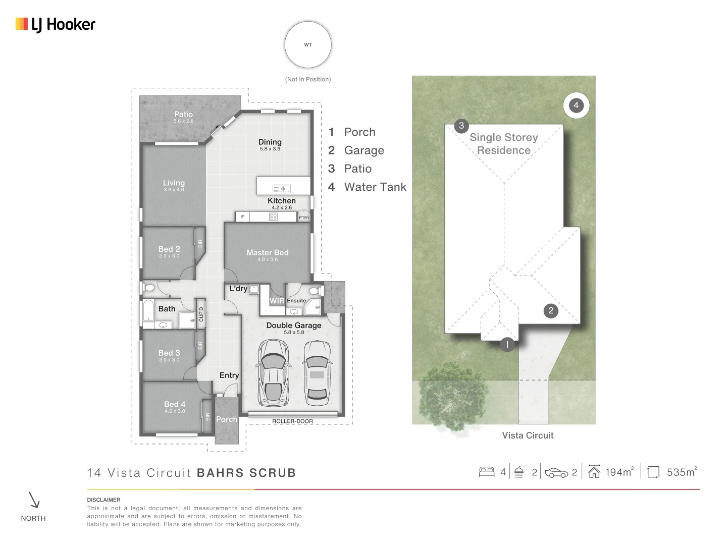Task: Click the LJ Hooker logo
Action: tap(56, 25)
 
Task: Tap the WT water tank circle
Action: tap(307, 45)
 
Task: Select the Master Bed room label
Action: tap(267, 252)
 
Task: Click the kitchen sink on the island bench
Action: tap(281, 189)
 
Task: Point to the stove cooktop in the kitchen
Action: tap(273, 217)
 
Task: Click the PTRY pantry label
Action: tap(304, 217)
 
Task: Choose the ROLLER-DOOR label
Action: tap(292, 421)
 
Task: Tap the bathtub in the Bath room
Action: tap(148, 310)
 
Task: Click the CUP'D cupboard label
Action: tap(201, 314)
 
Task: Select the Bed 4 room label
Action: tap(175, 404)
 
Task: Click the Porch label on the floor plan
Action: tap(227, 419)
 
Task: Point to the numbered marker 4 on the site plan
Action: tap(576, 105)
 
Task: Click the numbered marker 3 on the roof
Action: tap(461, 126)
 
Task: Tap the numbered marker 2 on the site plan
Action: tap(551, 311)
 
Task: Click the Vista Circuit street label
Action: tap(528, 435)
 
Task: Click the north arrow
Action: tap(34, 500)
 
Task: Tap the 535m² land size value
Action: tap(682, 472)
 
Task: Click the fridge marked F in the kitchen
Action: tap(242, 217)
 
